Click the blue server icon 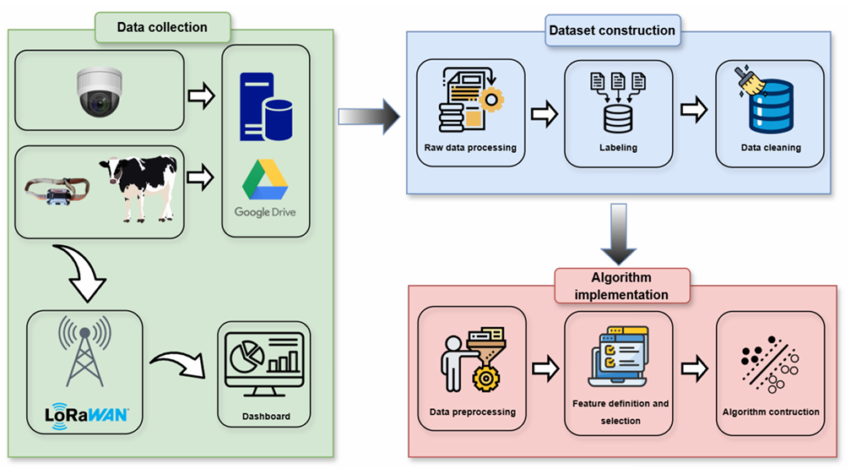[265, 106]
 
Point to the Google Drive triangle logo [265, 178]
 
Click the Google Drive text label [265, 212]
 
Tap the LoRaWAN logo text [86, 414]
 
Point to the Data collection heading [162, 28]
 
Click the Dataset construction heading [612, 30]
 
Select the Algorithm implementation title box [622, 286]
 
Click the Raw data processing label [470, 148]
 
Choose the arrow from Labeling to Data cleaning [694, 113]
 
